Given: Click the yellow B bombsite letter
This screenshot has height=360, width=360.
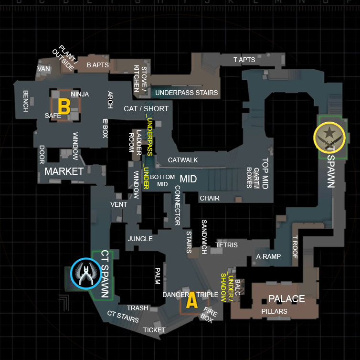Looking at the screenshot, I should (64, 106).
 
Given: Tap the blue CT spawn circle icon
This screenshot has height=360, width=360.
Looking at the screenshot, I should (85, 274).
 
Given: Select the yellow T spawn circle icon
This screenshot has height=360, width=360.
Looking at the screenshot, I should (329, 137).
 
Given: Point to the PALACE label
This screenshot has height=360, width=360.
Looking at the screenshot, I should (286, 299).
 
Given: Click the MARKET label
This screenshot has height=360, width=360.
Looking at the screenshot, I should (64, 171).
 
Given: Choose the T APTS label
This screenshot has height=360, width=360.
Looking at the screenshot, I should (244, 60).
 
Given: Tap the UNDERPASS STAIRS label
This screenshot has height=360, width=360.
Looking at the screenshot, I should (186, 93).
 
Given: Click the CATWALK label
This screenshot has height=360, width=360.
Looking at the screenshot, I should (183, 160).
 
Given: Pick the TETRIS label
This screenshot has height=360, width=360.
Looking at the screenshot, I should (226, 245).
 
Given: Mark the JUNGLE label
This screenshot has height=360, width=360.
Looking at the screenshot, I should (140, 239).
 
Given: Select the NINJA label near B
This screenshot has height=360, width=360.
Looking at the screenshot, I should (80, 94).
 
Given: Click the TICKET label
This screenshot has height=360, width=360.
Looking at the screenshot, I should (154, 330).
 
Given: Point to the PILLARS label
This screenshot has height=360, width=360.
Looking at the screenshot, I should (275, 311).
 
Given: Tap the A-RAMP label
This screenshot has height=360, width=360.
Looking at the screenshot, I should (268, 256).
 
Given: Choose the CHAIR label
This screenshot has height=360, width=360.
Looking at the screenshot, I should (210, 198).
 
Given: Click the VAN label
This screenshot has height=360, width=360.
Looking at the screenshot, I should (43, 69).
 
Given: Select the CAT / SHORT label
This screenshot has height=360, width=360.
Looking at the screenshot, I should (146, 108).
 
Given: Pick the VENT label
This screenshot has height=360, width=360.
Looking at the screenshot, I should (118, 204).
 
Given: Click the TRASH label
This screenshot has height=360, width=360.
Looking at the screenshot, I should (138, 308).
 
